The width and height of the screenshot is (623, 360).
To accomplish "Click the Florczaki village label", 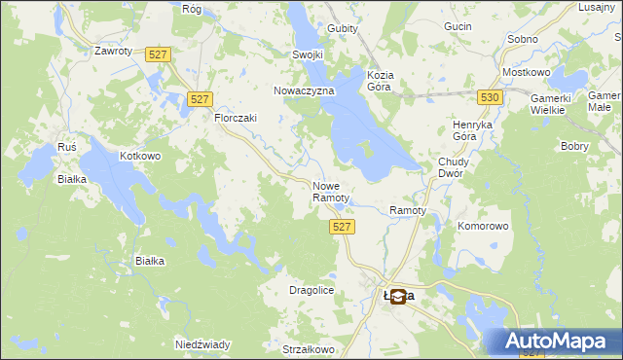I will click(235, 118).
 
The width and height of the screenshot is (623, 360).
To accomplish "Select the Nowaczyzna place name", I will click(304, 90).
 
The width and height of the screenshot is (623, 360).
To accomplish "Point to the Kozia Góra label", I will click(379, 81).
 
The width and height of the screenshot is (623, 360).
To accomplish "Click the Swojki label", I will click(308, 55).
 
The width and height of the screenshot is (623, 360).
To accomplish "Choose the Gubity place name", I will click(343, 28).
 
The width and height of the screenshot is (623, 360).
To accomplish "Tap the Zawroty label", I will click(112, 51).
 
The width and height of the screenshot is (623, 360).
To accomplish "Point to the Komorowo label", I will click(483, 226).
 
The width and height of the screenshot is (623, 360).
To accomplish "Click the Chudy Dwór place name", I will click(454, 168).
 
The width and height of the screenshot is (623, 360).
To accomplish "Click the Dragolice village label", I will click(312, 290).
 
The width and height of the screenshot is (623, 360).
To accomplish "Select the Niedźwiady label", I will click(202, 344).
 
